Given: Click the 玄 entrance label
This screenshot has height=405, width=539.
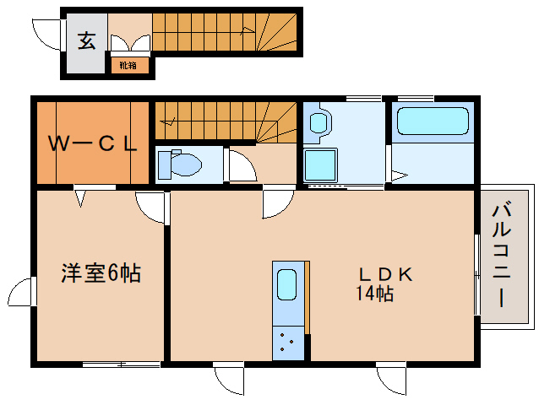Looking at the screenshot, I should [86, 39].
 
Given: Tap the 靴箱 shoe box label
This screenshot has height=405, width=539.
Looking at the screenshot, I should [128, 64].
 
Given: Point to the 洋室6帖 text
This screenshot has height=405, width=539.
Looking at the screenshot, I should [101, 273].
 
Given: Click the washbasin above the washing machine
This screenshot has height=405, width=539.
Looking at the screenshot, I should [319, 123].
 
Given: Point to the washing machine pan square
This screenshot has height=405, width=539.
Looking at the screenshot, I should [321, 165].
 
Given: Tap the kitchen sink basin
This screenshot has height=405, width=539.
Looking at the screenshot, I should [287, 290].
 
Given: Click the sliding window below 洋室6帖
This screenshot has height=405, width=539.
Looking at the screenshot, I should [121, 364].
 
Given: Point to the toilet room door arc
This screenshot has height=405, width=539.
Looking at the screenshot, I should [242, 167].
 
